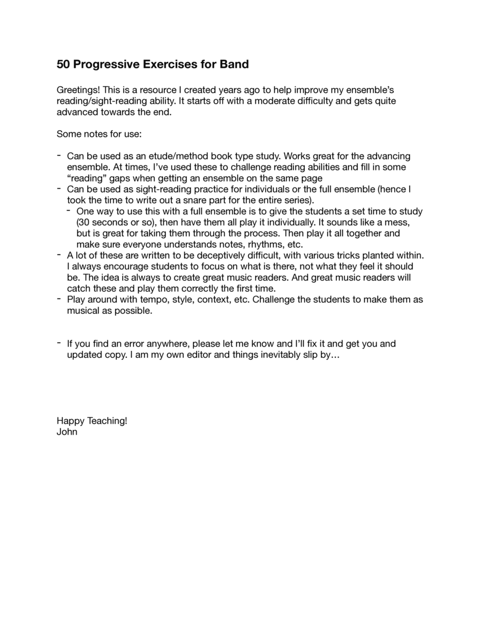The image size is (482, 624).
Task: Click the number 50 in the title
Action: coord(63,65)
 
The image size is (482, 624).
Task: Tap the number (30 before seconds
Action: coord(83,222)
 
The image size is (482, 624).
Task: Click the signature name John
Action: coord(67,431)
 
